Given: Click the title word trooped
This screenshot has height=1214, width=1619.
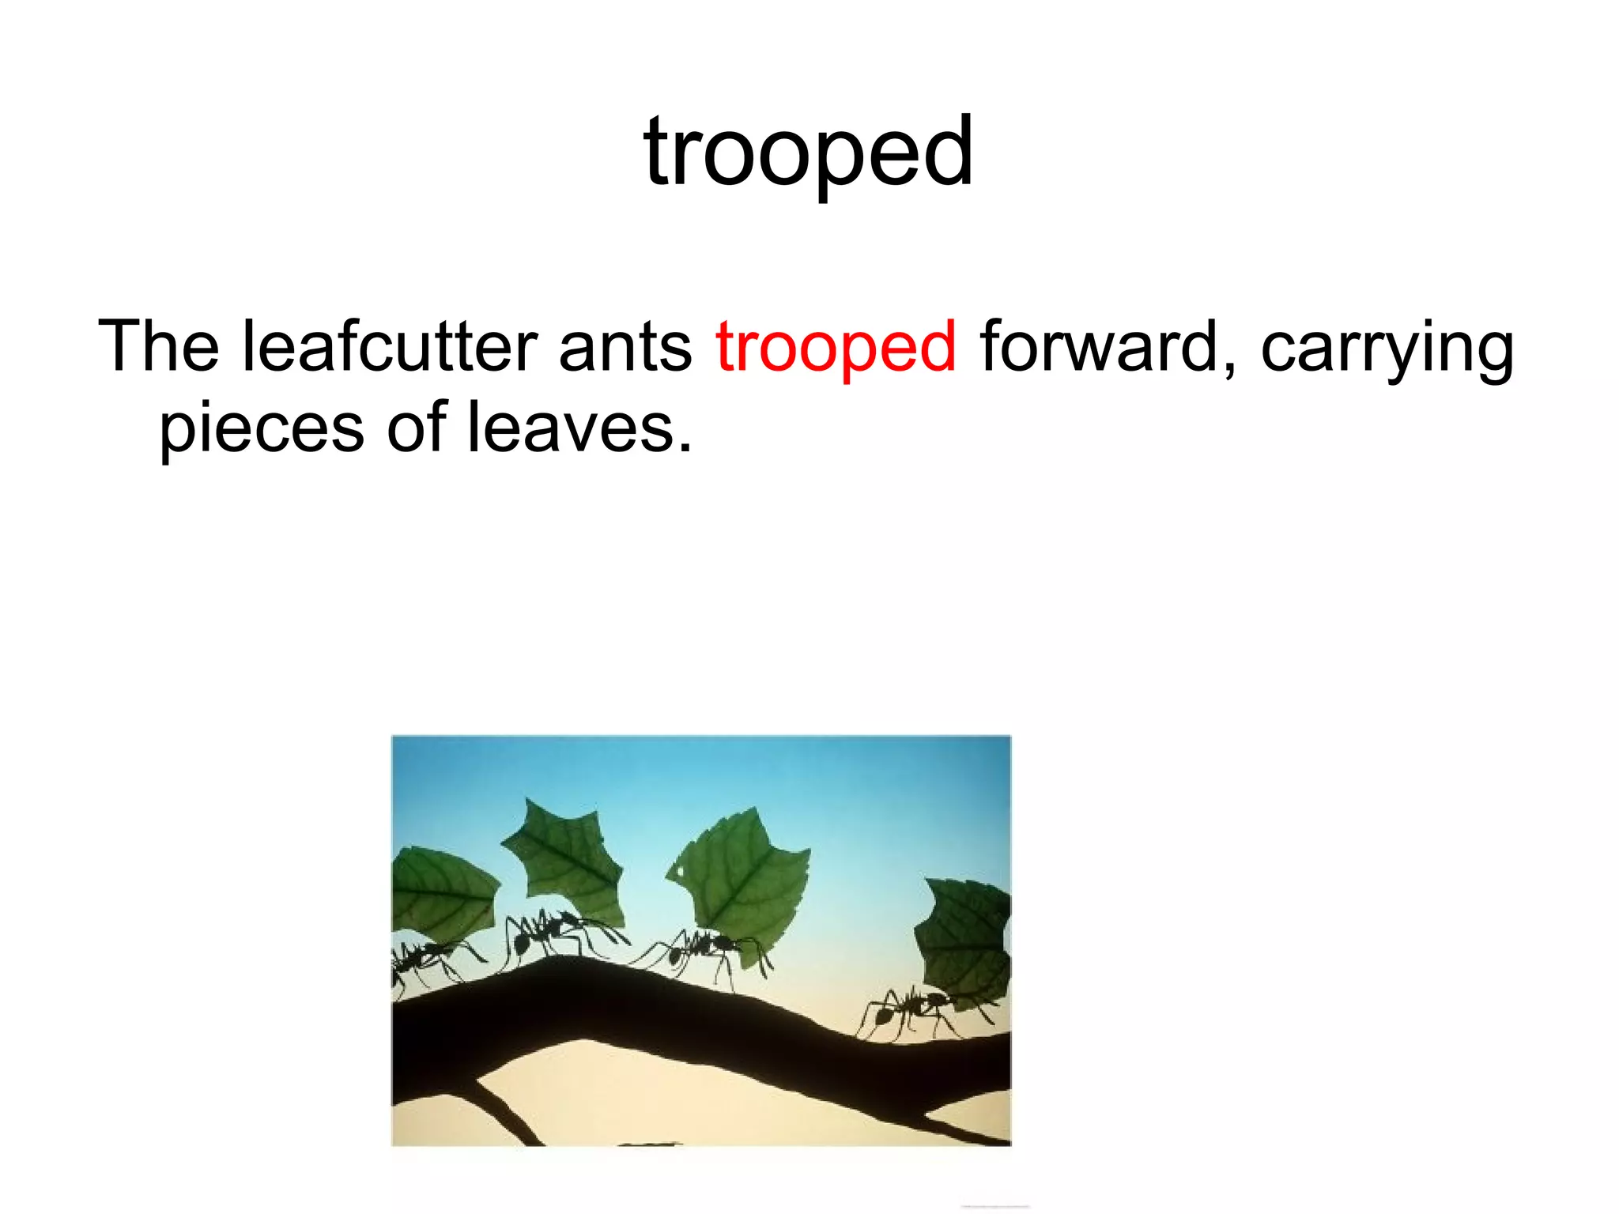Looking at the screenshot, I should [808, 152].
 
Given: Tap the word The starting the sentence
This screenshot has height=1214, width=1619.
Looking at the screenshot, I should [158, 346].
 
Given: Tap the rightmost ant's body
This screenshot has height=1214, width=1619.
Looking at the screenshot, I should [909, 1008].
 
